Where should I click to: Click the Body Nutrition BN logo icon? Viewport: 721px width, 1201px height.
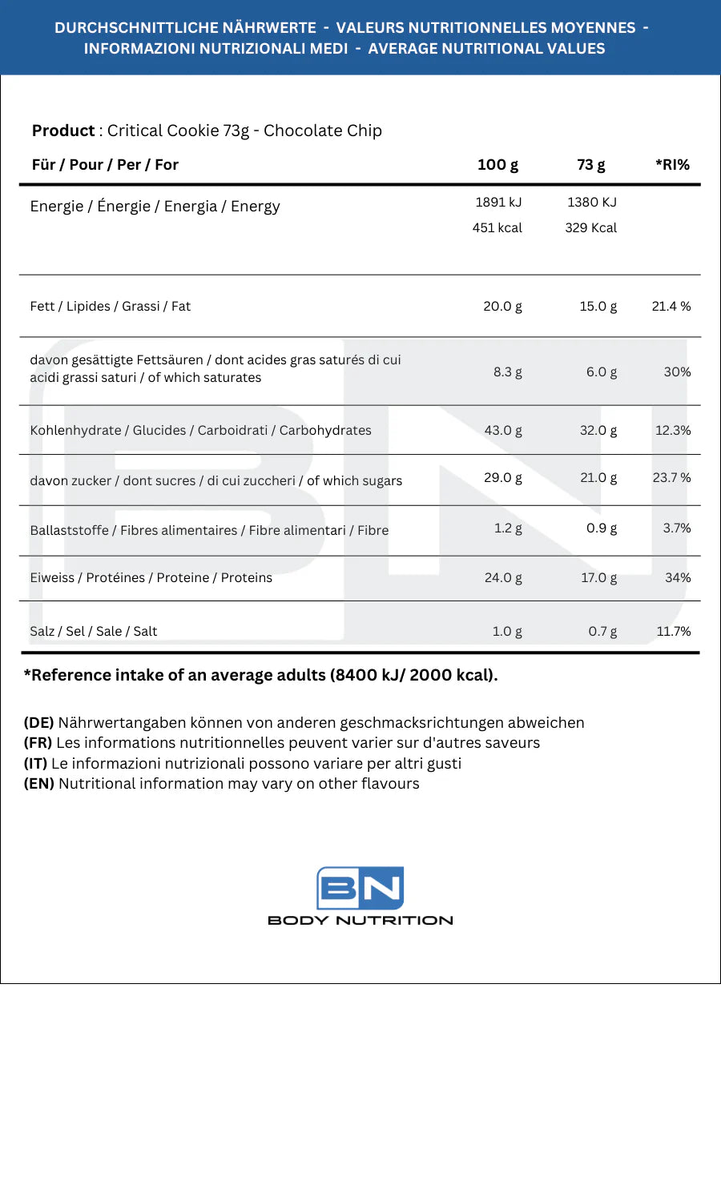click(360, 887)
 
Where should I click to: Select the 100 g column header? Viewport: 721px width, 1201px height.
click(497, 165)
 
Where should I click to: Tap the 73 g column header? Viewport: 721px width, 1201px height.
click(591, 165)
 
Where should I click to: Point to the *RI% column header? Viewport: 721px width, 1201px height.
click(672, 165)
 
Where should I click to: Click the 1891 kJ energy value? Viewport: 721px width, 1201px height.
click(498, 203)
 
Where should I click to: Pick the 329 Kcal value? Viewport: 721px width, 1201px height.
click(591, 228)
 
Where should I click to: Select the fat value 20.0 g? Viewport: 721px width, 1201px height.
click(502, 307)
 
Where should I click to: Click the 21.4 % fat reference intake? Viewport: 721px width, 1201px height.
click(671, 307)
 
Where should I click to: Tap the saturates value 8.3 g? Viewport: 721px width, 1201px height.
click(508, 372)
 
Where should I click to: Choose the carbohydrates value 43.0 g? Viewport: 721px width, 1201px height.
click(503, 431)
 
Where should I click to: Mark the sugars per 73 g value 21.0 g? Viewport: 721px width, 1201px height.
click(598, 478)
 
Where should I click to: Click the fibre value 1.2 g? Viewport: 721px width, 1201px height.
click(508, 528)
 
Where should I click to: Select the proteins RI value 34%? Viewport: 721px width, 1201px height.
click(678, 578)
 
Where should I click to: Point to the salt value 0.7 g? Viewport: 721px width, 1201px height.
click(602, 632)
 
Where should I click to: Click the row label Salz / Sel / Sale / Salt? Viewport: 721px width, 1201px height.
click(94, 632)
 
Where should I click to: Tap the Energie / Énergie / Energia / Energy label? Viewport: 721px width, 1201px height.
click(155, 207)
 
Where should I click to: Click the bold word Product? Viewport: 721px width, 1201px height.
click(63, 131)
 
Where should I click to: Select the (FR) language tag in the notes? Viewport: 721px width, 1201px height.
click(38, 743)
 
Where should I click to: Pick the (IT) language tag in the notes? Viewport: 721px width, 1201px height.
click(35, 764)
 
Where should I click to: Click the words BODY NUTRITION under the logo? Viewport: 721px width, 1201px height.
click(360, 921)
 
